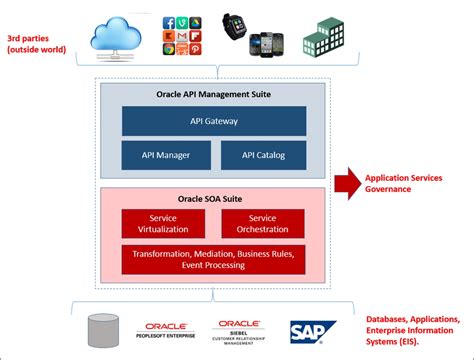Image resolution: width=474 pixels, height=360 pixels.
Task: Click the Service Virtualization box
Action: tap(162, 223)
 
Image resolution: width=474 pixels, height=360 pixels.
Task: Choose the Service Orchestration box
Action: tap(262, 223)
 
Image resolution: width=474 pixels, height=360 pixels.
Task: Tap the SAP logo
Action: tap(312, 331)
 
